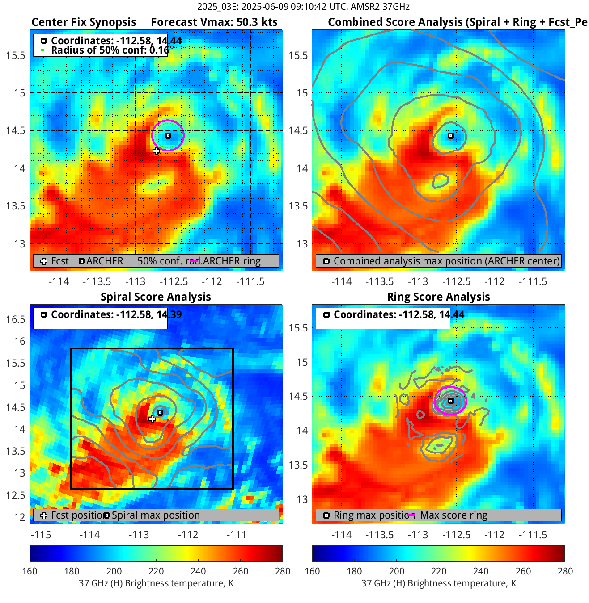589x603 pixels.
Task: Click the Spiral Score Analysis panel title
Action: coord(156,297)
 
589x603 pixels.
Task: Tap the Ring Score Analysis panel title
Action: coord(438,297)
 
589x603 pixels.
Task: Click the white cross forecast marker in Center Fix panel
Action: coord(156,151)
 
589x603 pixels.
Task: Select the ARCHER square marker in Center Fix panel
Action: coord(168,136)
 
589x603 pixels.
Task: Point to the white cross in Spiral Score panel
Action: coord(153,419)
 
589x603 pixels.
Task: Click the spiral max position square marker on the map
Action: coord(160,412)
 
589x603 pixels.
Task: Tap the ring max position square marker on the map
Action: coord(451,401)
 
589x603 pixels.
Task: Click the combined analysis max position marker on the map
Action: coord(451,136)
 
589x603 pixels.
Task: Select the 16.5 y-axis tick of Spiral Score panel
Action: coord(16,319)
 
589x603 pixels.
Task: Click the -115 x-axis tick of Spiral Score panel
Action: coord(41,535)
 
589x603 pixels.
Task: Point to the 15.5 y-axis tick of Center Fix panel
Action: coord(16,55)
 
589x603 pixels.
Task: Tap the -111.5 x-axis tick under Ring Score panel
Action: coord(533,535)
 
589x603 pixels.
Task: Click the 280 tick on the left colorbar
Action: coord(283,571)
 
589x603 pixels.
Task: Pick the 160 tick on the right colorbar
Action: coord(312,571)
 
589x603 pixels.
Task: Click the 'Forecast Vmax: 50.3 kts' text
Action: coord(214,22)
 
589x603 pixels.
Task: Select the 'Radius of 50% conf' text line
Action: coord(110,50)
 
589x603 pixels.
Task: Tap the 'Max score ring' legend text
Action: coord(453,515)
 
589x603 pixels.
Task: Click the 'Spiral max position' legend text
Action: coord(156,515)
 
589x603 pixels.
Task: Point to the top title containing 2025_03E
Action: coord(303,7)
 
